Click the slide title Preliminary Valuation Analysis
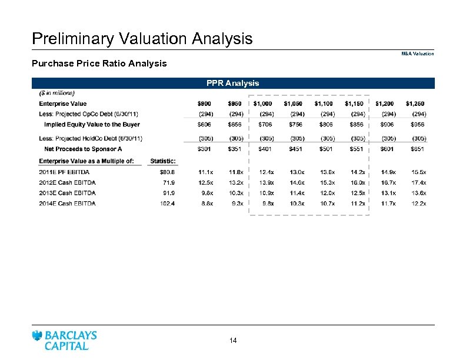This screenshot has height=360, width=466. [142, 39]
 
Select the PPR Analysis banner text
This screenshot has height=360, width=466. [232, 83]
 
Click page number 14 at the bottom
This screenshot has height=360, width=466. [233, 340]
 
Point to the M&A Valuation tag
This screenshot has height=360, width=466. [418, 54]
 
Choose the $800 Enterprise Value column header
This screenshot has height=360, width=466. [205, 104]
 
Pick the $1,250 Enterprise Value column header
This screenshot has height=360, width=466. [416, 104]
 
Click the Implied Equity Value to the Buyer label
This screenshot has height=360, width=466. [91, 125]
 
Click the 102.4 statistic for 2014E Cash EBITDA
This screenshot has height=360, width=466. [167, 204]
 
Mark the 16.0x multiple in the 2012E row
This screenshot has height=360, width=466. [357, 183]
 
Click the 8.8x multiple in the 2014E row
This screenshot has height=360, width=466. [205, 204]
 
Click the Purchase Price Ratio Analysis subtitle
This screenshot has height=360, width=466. [99, 63]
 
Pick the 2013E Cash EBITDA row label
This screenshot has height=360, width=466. [67, 193]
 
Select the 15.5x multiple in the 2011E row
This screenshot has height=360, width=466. [418, 172]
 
